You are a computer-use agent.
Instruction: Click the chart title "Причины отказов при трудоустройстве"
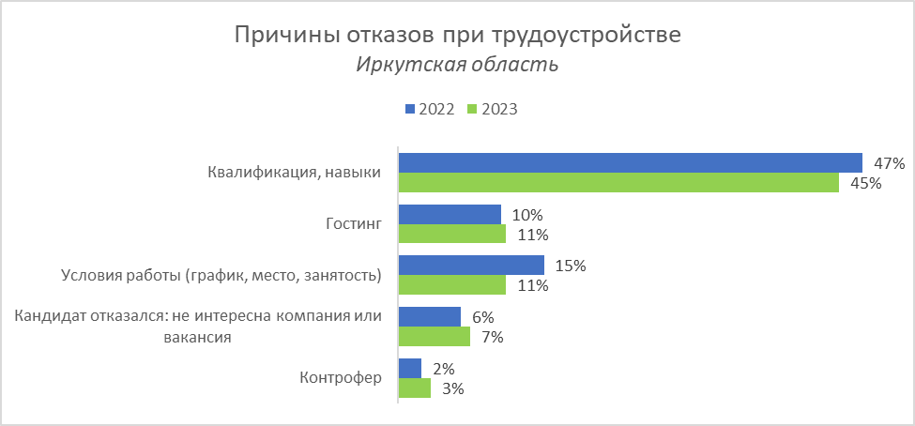pos(457,36)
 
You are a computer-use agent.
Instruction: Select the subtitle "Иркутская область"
pos(457,65)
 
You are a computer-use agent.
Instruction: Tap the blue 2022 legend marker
pos(410,109)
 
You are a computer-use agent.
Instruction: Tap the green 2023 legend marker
pos(475,109)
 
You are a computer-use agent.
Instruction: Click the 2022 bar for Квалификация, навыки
pos(630,163)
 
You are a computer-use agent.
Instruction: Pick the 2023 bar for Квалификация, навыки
pos(618,183)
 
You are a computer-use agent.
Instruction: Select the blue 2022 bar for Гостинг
pos(450,215)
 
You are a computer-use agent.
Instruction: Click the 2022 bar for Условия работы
pos(471,266)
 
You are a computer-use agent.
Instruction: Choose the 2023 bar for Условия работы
pos(452,285)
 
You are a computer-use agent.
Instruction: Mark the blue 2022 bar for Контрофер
pos(410,368)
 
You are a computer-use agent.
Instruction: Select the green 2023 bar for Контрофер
pos(415,388)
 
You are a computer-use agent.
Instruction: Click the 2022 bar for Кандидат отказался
pos(430,317)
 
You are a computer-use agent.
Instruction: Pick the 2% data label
pos(444,368)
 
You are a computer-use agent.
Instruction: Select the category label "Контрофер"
pos(341,378)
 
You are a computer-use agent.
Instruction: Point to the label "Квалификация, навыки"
pos(294,173)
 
